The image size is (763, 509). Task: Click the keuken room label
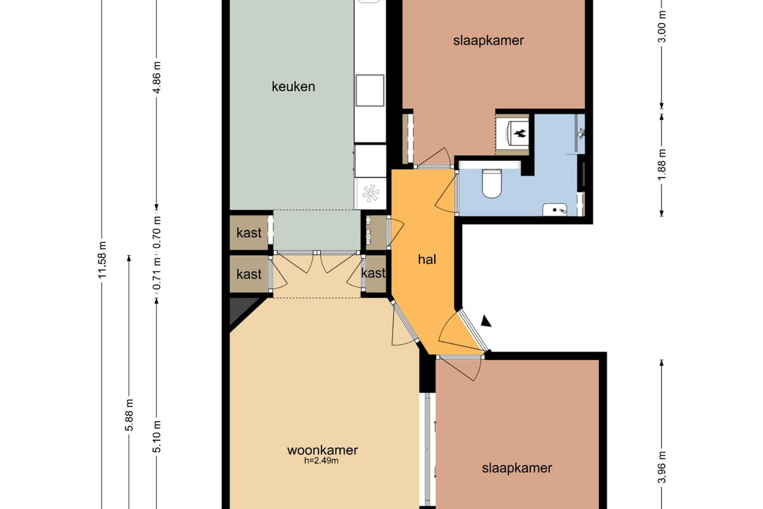click(x=293, y=87)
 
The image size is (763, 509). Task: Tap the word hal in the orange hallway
click(x=427, y=260)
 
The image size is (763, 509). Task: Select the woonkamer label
click(x=322, y=450)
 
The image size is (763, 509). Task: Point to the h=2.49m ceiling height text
click(x=321, y=461)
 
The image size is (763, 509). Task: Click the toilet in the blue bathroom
click(x=491, y=183)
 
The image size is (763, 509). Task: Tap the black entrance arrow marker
click(x=486, y=321)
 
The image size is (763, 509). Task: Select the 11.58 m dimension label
click(x=102, y=260)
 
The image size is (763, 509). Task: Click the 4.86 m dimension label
click(x=156, y=78)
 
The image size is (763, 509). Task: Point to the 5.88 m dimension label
click(x=129, y=415)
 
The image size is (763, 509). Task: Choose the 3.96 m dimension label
click(x=661, y=467)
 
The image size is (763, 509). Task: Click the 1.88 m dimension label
click(x=661, y=165)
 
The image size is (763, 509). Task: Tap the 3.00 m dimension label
click(x=661, y=27)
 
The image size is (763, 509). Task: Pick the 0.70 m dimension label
click(x=156, y=233)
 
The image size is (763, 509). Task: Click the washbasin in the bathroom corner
click(x=555, y=210)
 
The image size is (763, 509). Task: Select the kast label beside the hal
click(x=373, y=273)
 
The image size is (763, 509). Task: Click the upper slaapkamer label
click(x=488, y=41)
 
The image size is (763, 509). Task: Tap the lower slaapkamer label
click(x=517, y=468)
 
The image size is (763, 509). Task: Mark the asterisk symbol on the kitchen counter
click(x=370, y=193)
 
